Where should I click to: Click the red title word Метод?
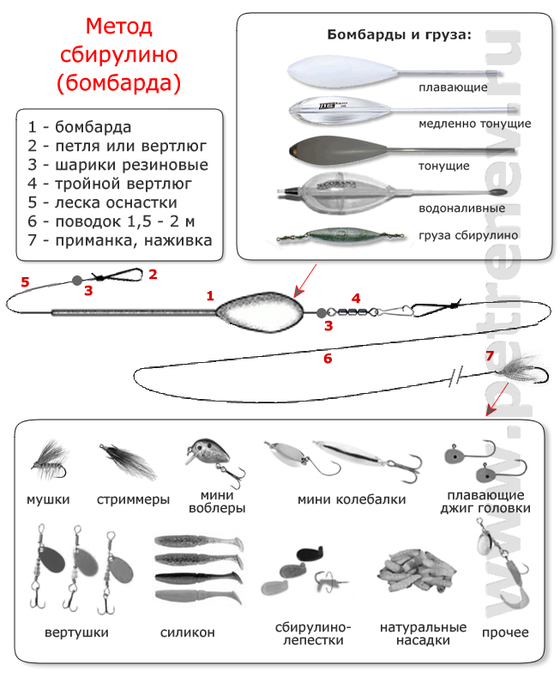[x=118, y=27]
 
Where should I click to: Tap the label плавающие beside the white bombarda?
[x=453, y=88]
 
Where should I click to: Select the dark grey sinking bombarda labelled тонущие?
[x=401, y=150]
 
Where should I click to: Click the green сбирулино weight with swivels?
[x=340, y=236]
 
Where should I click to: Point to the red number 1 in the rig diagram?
[x=210, y=296]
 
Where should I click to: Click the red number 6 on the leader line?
[x=328, y=358]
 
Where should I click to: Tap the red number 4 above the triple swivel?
[x=356, y=299]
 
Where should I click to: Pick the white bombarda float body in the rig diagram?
[x=260, y=311]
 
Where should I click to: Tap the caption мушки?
[x=48, y=499]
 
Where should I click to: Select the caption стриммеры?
[x=133, y=499]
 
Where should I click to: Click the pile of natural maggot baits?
[x=416, y=572]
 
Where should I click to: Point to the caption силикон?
[x=187, y=632]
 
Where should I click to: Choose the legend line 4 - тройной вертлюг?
[x=110, y=184]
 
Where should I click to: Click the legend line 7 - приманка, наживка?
[x=120, y=240]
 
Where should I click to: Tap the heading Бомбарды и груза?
[x=399, y=34]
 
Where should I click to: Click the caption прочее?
[x=505, y=633]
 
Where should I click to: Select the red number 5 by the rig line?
[x=25, y=282]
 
